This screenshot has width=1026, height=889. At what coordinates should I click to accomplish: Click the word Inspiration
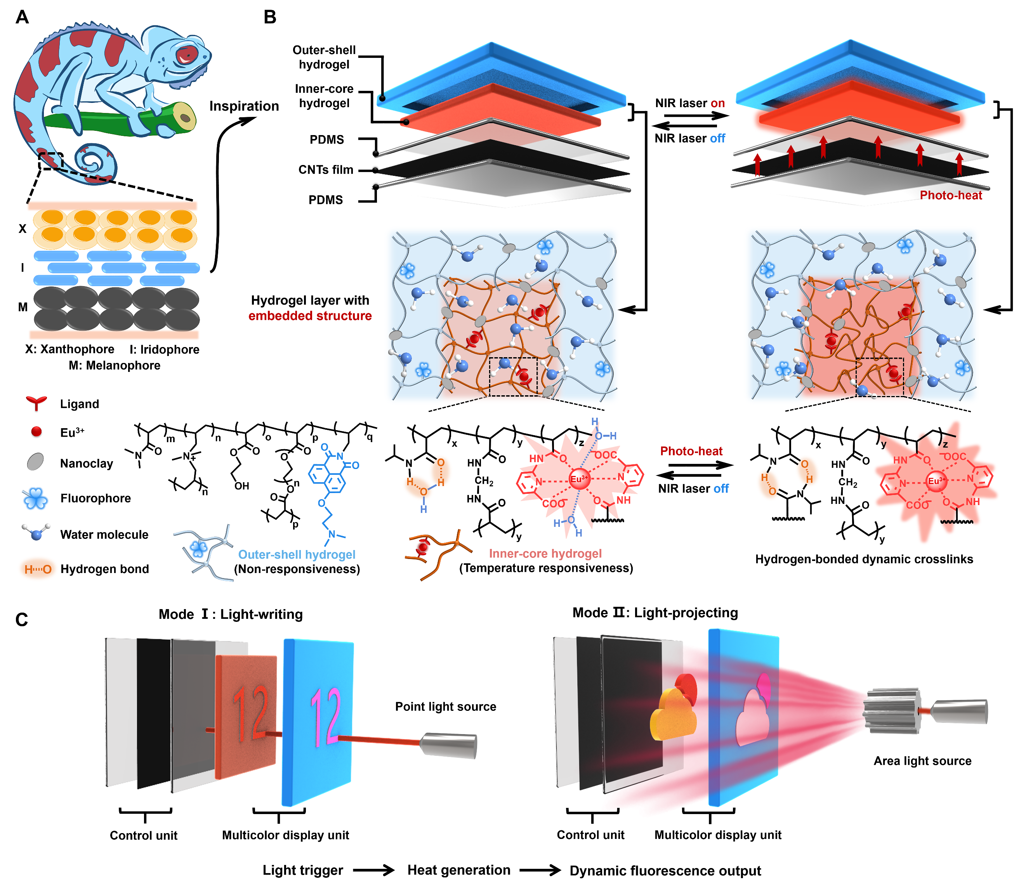click(244, 106)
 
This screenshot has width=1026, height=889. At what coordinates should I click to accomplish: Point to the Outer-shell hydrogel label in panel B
click(324, 57)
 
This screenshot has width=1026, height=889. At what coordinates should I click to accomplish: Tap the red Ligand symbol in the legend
click(36, 403)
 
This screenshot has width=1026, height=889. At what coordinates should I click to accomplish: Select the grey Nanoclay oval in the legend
click(35, 461)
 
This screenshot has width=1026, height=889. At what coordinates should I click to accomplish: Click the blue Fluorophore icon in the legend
click(36, 498)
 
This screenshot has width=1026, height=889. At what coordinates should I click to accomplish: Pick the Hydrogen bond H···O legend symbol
click(38, 569)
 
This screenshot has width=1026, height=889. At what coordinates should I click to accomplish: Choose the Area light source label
click(922, 761)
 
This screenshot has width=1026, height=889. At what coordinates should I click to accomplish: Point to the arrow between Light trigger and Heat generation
click(373, 870)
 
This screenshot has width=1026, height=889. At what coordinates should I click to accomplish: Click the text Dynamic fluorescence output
click(665, 871)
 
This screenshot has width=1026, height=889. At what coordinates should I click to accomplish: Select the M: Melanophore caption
click(115, 366)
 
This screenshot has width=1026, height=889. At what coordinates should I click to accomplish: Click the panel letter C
click(22, 620)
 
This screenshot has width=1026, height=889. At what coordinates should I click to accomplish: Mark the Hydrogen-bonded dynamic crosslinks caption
click(863, 559)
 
